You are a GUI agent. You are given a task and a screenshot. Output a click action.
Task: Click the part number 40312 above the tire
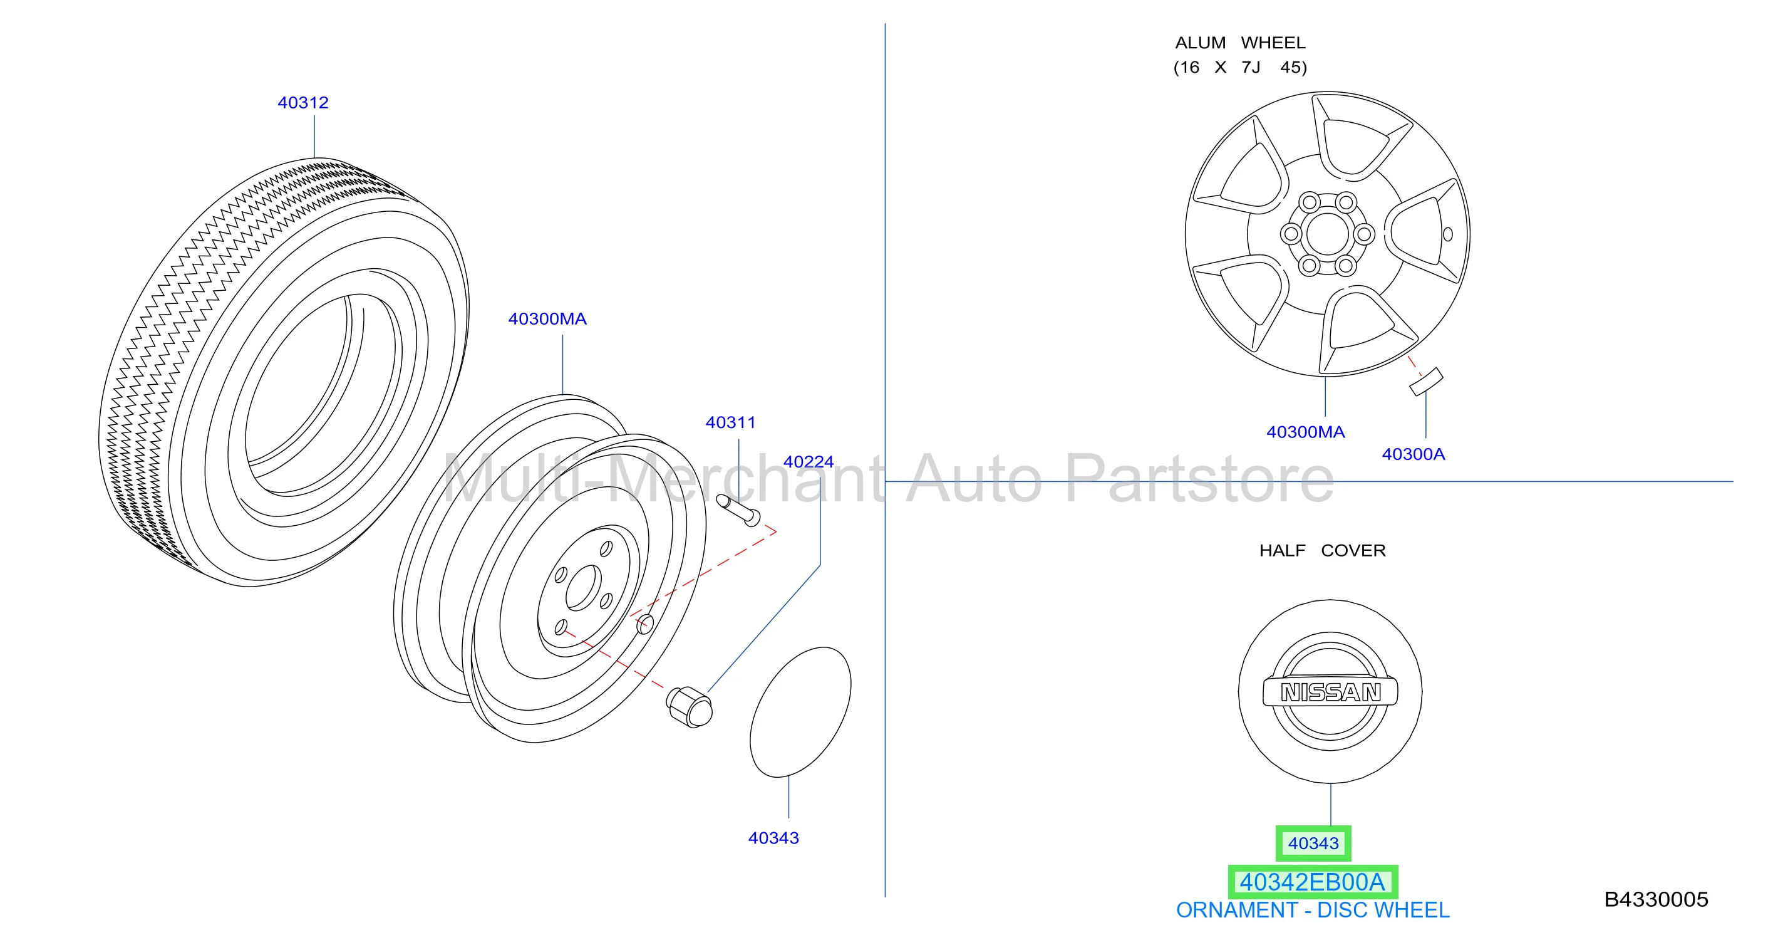point(303,103)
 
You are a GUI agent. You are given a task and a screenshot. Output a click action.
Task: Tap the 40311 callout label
point(730,422)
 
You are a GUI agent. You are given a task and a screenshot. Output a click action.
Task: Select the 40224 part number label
point(809,462)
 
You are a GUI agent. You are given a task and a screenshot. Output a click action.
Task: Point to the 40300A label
point(1413,454)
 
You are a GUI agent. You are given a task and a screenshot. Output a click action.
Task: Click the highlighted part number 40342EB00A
point(1312,882)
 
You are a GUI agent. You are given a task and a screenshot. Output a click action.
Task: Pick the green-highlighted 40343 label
point(1313,844)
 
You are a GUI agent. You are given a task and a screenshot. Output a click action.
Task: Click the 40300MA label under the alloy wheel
point(1305,432)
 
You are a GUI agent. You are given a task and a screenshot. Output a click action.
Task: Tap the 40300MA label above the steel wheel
point(547,319)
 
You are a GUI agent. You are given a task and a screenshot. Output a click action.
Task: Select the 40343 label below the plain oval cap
point(773,838)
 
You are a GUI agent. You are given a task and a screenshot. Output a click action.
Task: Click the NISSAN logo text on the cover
point(1331,692)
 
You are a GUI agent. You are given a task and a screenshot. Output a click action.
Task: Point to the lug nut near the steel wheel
point(689,707)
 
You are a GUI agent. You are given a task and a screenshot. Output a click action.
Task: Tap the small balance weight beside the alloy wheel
point(1426,382)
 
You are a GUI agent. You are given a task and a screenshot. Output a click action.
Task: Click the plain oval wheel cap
point(800,712)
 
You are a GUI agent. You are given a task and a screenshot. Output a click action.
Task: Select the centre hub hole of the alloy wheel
point(1327,234)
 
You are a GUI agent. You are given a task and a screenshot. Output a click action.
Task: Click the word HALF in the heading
point(1283,551)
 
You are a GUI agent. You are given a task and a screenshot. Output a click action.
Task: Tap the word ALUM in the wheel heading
point(1201,43)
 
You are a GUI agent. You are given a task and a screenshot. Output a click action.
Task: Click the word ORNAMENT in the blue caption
point(1237,911)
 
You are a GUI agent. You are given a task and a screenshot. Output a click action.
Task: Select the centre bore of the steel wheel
point(584,588)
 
